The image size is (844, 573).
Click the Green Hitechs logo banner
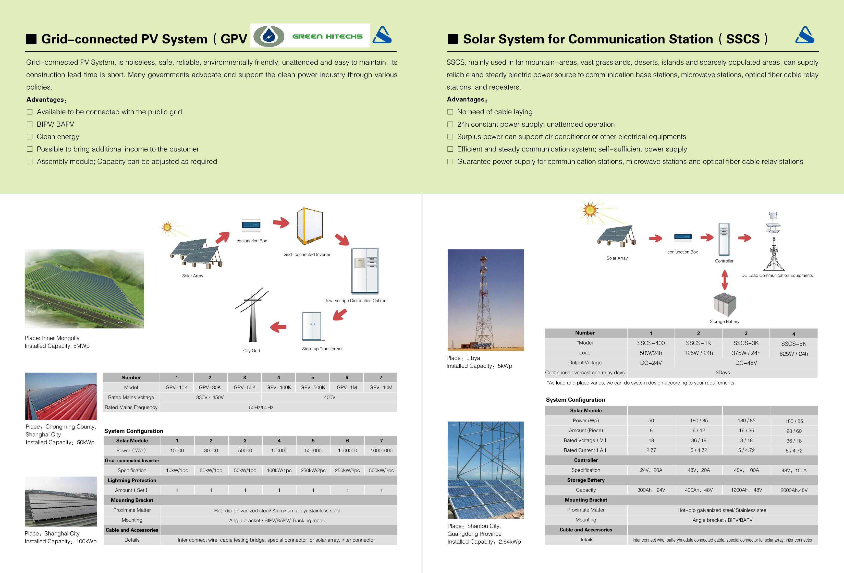point(311,35)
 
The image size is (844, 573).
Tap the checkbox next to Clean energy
point(30,137)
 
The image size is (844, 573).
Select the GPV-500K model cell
point(313,387)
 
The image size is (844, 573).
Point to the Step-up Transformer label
point(322,349)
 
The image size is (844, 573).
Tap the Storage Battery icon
point(725,304)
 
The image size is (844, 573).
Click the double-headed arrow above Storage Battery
point(725,280)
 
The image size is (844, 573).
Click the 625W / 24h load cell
point(793,354)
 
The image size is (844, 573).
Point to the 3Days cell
point(722,373)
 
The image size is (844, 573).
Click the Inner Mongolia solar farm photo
point(84,289)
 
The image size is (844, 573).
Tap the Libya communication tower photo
point(486,300)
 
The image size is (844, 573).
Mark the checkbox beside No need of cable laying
point(450,112)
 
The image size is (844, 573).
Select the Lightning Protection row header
point(132,480)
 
